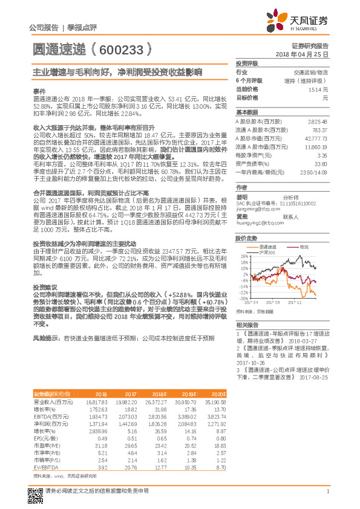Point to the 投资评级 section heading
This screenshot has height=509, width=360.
[x=247, y=63]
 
